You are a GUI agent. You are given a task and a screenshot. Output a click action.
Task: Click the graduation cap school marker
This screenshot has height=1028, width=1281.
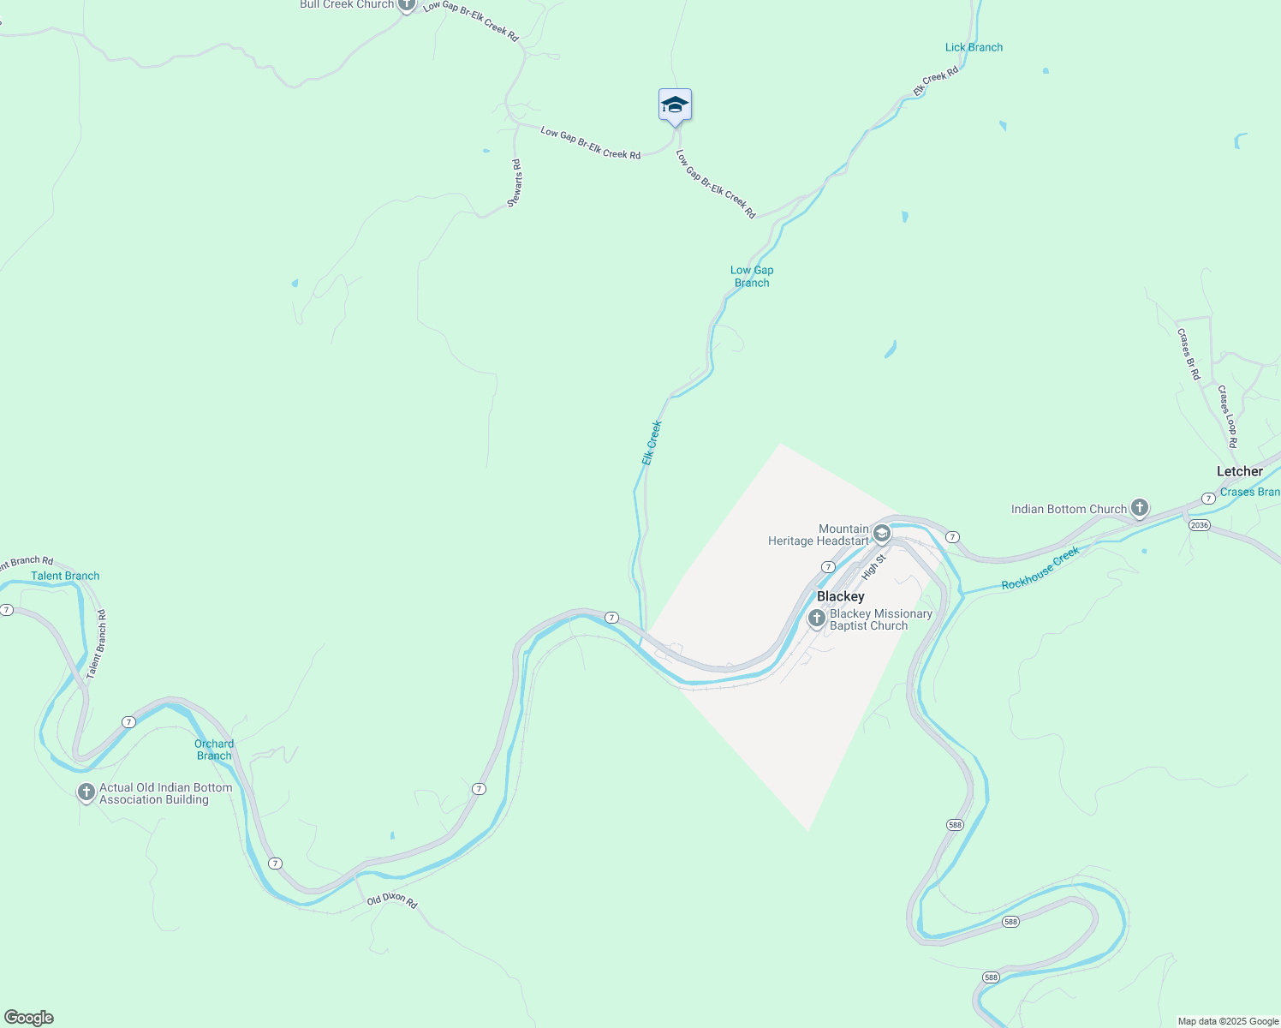click(x=675, y=105)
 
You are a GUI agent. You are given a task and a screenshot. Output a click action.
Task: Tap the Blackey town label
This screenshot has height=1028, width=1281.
click(x=840, y=596)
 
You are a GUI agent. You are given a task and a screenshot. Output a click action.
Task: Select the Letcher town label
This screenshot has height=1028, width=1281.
click(x=1239, y=471)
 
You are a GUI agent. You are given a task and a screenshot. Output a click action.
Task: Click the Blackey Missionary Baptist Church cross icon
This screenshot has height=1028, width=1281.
click(x=816, y=619)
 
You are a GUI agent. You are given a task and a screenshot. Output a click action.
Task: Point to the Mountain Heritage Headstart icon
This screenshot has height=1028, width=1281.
click(x=881, y=535)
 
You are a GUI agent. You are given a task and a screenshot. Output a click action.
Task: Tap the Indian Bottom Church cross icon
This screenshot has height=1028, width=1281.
click(x=1139, y=508)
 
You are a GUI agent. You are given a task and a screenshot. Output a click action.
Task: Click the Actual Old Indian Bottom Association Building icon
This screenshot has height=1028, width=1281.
click(x=86, y=792)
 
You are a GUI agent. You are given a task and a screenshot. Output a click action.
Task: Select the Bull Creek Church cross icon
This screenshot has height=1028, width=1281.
click(x=406, y=5)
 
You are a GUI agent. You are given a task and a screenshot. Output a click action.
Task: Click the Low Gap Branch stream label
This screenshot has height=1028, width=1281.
click(x=752, y=276)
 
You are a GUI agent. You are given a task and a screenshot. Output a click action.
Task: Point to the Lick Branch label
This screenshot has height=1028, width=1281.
click(x=974, y=47)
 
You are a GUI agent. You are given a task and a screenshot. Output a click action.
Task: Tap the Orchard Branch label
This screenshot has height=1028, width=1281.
click(x=214, y=750)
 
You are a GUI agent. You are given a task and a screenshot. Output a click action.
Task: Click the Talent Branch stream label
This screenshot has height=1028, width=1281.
click(x=65, y=576)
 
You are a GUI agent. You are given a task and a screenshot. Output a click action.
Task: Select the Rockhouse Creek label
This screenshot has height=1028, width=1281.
click(x=1040, y=569)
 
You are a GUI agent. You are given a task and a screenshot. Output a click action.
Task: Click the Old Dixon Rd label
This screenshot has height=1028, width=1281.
click(x=391, y=900)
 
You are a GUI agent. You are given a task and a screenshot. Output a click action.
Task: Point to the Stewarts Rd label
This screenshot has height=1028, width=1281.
click(x=515, y=182)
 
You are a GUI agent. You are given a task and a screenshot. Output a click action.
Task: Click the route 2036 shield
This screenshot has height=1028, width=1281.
click(x=1199, y=525)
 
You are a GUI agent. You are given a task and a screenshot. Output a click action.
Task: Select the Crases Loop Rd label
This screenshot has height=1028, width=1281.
click(x=1228, y=417)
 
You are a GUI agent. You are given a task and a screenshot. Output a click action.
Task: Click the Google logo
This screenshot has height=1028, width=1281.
click(x=29, y=1018)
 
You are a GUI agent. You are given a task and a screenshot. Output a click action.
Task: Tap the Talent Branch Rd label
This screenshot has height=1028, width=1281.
click(x=97, y=643)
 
